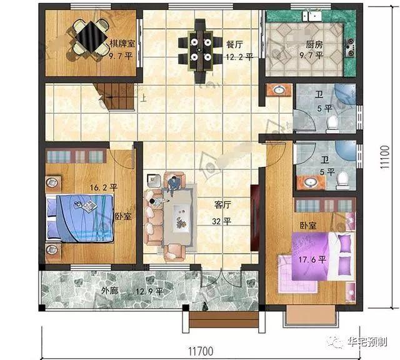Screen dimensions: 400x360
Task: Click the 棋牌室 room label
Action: [x=122, y=43]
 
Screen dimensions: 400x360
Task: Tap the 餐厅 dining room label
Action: [x=234, y=44]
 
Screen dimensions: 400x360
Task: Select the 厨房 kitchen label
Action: [x=314, y=44]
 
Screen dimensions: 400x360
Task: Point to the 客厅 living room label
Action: [x=222, y=204]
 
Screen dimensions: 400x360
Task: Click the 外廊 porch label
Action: [x=110, y=291]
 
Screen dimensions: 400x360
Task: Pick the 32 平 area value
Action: [x=221, y=221]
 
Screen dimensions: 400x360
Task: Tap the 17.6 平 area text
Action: [x=312, y=260]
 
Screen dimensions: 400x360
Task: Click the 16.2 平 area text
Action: [x=103, y=187]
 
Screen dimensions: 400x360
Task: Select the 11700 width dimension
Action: [x=201, y=351]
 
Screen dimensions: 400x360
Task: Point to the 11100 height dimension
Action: [x=385, y=157]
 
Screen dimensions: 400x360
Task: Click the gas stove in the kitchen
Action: [x=350, y=47]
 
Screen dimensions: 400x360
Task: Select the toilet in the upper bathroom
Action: [x=332, y=124]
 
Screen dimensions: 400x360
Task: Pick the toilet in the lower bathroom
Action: [x=342, y=181]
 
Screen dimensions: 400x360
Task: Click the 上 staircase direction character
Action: [x=144, y=98]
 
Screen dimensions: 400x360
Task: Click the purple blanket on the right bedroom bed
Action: [x=310, y=256]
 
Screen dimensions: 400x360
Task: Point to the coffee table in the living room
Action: [x=181, y=218]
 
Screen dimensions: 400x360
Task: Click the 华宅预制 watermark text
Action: [x=367, y=342]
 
